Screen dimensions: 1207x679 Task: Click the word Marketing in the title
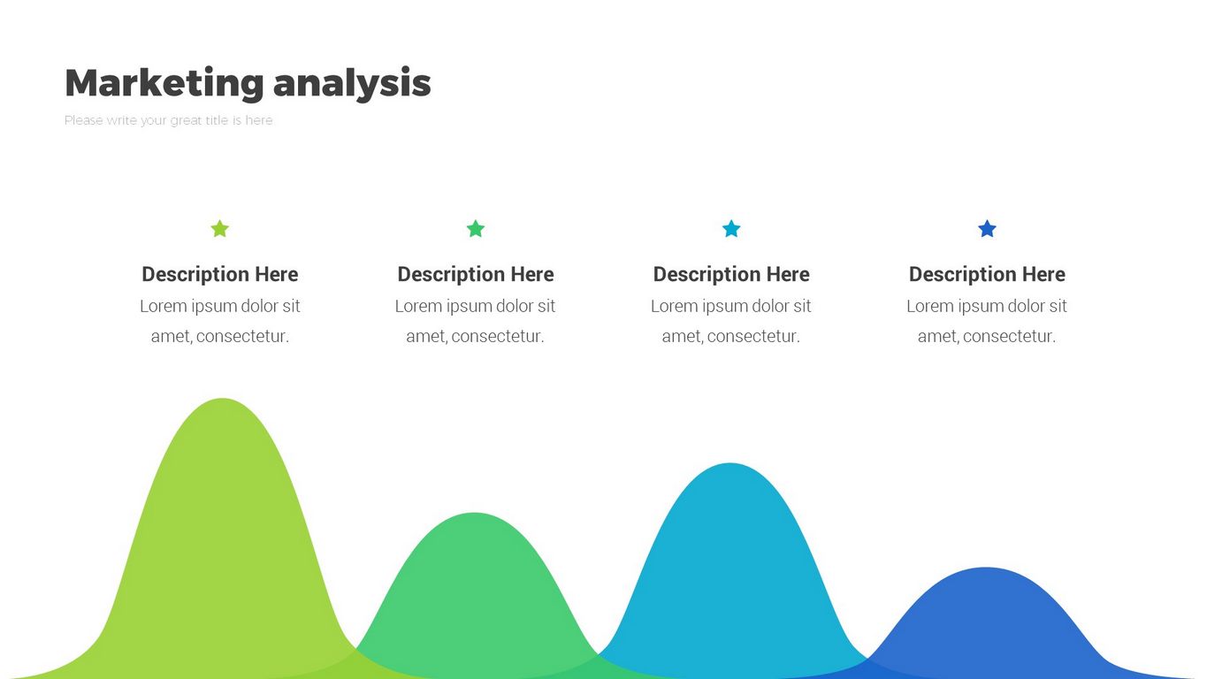(x=164, y=83)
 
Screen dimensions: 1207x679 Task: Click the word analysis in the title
(x=352, y=83)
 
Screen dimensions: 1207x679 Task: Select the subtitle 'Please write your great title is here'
(x=169, y=120)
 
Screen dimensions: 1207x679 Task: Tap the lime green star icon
(x=220, y=228)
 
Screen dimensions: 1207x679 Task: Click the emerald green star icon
(x=475, y=228)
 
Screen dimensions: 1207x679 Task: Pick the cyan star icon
(x=731, y=228)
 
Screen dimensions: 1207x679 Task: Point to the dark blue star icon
(x=987, y=228)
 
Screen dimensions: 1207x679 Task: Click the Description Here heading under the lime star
(x=220, y=274)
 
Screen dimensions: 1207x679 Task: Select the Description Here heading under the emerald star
(x=475, y=274)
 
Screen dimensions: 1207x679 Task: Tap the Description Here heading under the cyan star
(x=731, y=274)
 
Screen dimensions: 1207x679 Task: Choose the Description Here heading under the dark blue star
(x=987, y=274)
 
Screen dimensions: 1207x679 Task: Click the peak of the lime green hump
(x=222, y=400)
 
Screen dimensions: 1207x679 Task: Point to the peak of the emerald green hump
(x=474, y=514)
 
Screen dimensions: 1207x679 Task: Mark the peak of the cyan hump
(x=730, y=464)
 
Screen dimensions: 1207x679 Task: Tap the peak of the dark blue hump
(x=986, y=568)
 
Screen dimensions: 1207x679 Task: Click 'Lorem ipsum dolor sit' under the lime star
(x=220, y=306)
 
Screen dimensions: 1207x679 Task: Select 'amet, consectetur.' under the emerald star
(x=475, y=336)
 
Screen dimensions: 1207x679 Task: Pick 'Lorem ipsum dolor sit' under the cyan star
(x=731, y=306)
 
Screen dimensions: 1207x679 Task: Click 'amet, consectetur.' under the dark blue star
(x=987, y=336)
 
